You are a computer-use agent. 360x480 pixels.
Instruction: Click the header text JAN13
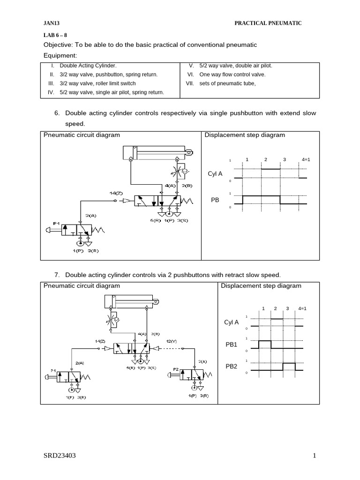[x=51, y=23]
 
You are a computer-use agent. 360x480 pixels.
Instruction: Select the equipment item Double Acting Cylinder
[x=88, y=66]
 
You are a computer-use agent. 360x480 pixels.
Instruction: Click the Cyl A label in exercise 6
[x=215, y=174]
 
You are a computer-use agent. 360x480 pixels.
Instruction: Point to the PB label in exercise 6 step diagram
[x=215, y=200]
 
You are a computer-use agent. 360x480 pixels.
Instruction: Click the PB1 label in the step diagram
[x=232, y=345]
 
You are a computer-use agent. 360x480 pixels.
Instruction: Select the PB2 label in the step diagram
[x=232, y=366]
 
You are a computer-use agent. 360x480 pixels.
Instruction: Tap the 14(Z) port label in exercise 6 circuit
[x=116, y=193]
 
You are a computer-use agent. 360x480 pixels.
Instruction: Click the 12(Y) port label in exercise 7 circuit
[x=171, y=341]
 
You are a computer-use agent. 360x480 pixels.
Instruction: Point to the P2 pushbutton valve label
[x=176, y=369]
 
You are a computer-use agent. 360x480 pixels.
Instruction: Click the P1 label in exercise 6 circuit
[x=56, y=224]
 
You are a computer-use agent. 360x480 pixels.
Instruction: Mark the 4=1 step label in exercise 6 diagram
[x=306, y=159]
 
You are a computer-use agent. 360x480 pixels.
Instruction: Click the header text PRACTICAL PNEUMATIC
[x=268, y=23]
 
